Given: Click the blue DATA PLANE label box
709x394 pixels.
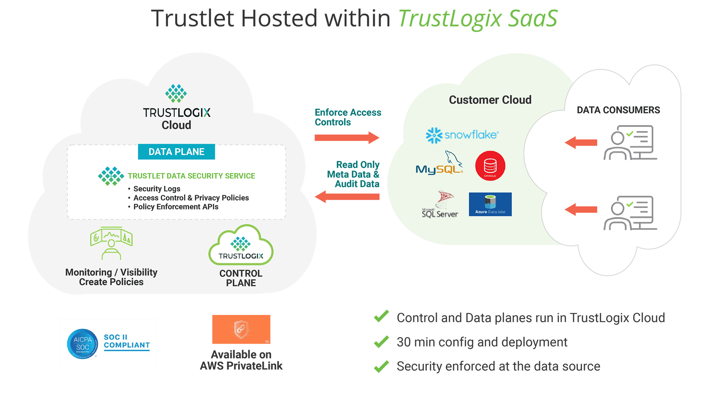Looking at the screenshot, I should pyautogui.click(x=176, y=152).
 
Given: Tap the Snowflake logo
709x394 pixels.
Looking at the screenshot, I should pyautogui.click(x=462, y=135).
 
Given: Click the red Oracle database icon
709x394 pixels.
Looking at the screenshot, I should pyautogui.click(x=490, y=166).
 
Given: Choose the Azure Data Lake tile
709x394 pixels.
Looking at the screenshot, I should pyautogui.click(x=490, y=204).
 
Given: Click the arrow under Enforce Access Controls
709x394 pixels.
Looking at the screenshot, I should pyautogui.click(x=346, y=138).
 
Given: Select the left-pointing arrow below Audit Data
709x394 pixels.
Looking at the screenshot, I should pyautogui.click(x=347, y=196).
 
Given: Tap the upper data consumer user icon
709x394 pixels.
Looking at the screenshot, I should pyautogui.click(x=630, y=143).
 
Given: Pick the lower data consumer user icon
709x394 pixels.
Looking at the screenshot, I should pyautogui.click(x=630, y=213).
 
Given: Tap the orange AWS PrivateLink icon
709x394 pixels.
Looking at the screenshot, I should pyautogui.click(x=241, y=329).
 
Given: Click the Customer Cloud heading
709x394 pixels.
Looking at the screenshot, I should pyautogui.click(x=490, y=100).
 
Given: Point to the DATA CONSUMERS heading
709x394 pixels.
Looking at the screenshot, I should pyautogui.click(x=618, y=110).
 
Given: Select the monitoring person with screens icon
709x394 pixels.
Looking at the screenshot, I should pyautogui.click(x=111, y=243).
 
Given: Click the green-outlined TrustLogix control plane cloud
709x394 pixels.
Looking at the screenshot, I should pyautogui.click(x=241, y=246).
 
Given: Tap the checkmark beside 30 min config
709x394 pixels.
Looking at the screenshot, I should pyautogui.click(x=381, y=342).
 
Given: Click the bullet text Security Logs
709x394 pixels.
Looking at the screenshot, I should pyautogui.click(x=157, y=189).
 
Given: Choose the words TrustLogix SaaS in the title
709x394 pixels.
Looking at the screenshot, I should pyautogui.click(x=478, y=18).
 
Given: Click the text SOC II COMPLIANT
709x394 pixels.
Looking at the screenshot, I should pyautogui.click(x=127, y=341).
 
